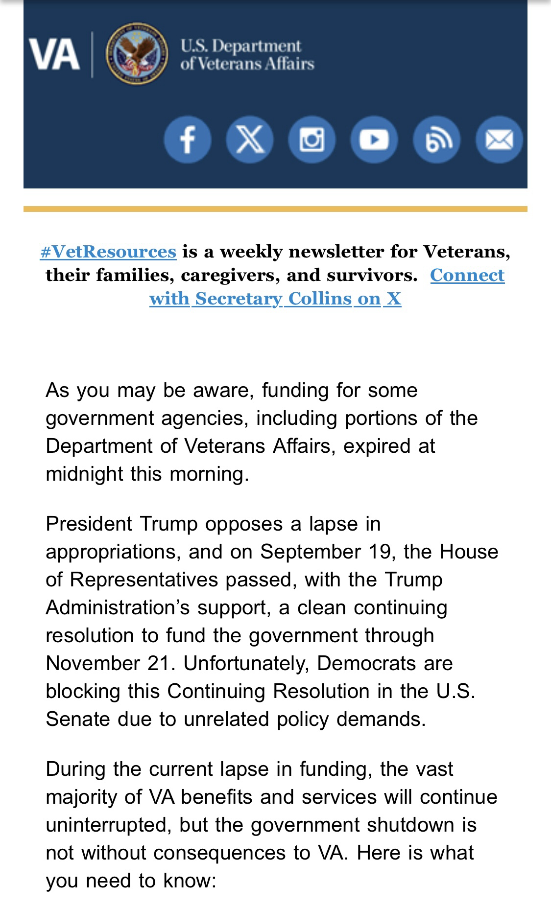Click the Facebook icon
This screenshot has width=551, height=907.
[188, 140]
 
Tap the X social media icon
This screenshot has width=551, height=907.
[250, 140]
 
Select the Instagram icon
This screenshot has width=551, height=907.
[312, 140]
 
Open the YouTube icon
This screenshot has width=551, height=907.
[374, 140]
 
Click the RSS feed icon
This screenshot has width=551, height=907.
[436, 140]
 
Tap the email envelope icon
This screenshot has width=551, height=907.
[499, 140]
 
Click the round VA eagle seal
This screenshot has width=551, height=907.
[137, 54]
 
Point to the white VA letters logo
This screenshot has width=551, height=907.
[54, 54]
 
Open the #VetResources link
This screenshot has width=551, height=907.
[108, 252]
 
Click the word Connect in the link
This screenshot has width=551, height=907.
[467, 275]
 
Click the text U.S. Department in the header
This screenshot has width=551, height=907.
[240, 46]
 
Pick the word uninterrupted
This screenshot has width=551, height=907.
[108, 825]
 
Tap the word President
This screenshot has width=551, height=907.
[89, 524]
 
